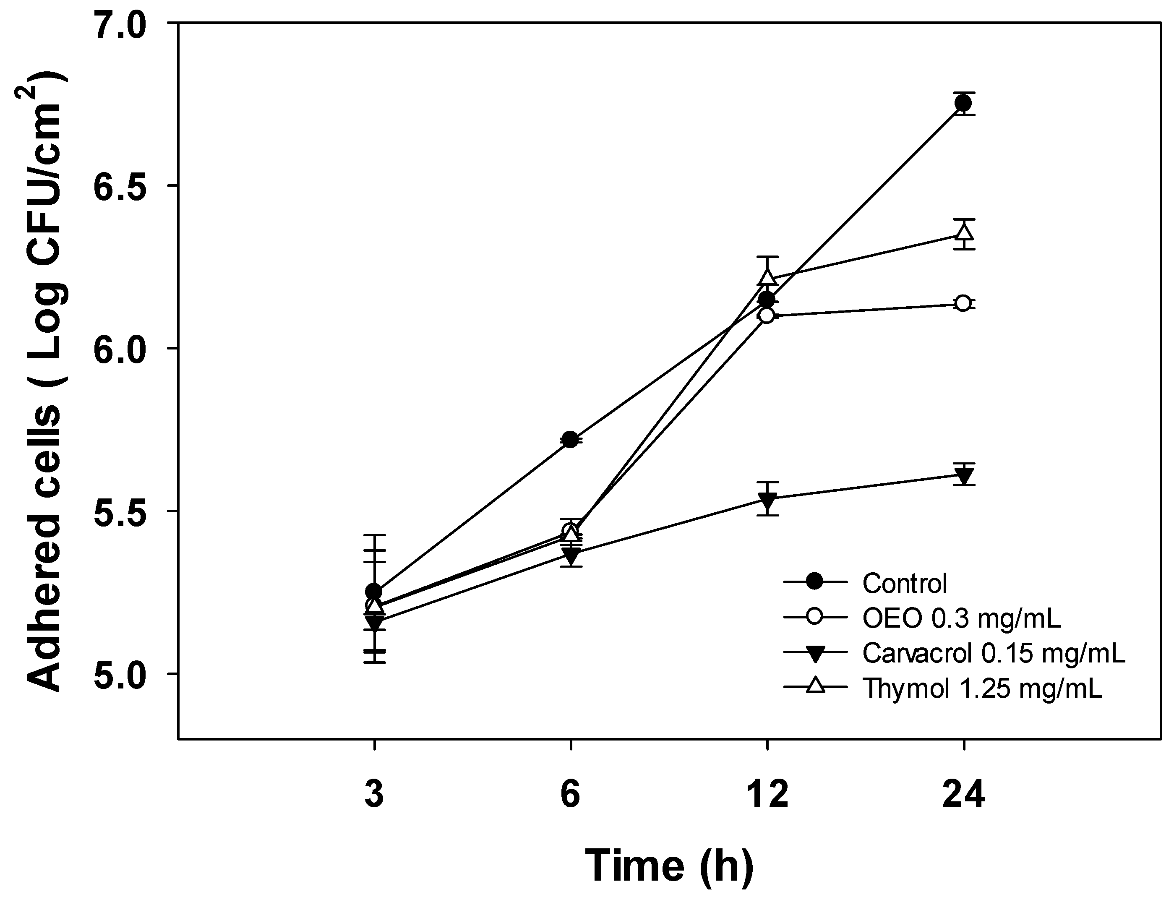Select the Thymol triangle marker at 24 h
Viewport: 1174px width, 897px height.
(x=963, y=233)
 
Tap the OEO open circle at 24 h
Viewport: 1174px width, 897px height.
(x=963, y=303)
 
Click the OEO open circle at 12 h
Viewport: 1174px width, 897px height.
(x=767, y=316)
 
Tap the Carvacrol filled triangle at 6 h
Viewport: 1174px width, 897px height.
(x=571, y=556)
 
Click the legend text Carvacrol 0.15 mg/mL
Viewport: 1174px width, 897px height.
(x=994, y=653)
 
